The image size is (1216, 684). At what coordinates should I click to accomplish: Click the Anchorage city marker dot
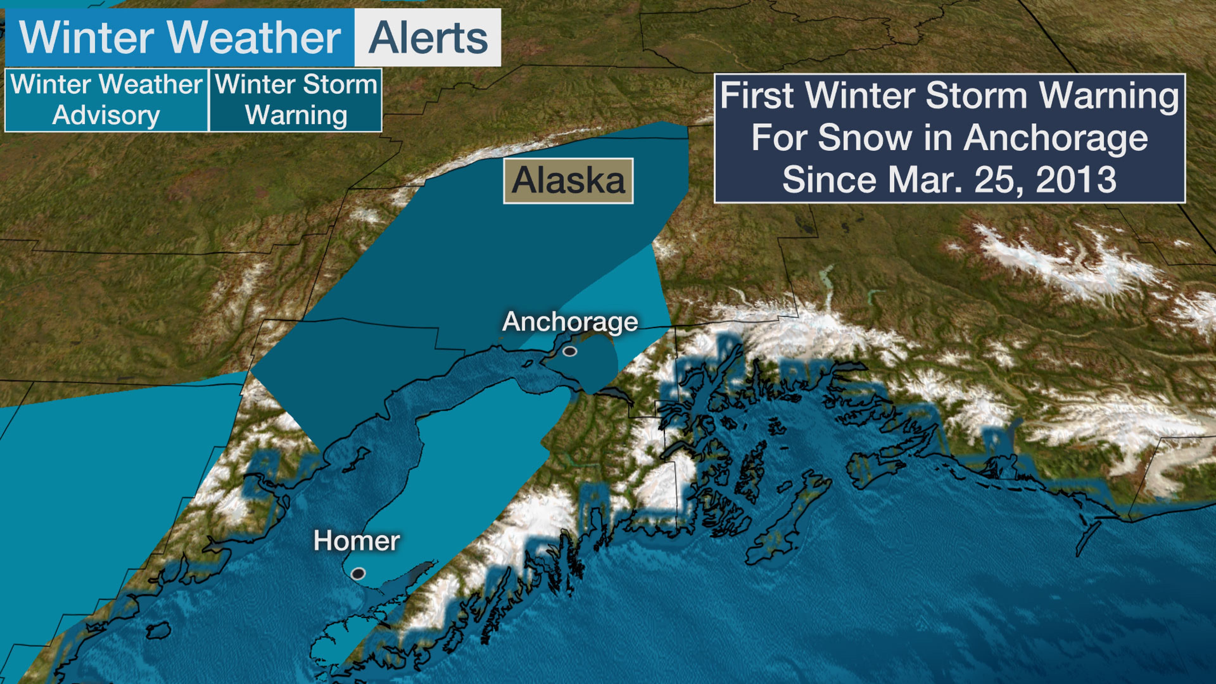pos(570,351)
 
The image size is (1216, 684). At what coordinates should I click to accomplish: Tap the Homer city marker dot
pos(358,573)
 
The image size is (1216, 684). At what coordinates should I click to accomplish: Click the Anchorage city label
pos(570,322)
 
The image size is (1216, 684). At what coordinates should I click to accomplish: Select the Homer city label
pos(356,541)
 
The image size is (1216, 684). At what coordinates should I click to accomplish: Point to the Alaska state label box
pos(568,181)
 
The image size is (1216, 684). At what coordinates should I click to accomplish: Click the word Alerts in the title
pos(428,38)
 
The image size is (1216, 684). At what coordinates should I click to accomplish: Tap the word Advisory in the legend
pos(106,116)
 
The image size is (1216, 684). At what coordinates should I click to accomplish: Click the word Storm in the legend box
pos(340,85)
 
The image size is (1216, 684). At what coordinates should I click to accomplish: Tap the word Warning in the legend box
pos(296,116)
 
